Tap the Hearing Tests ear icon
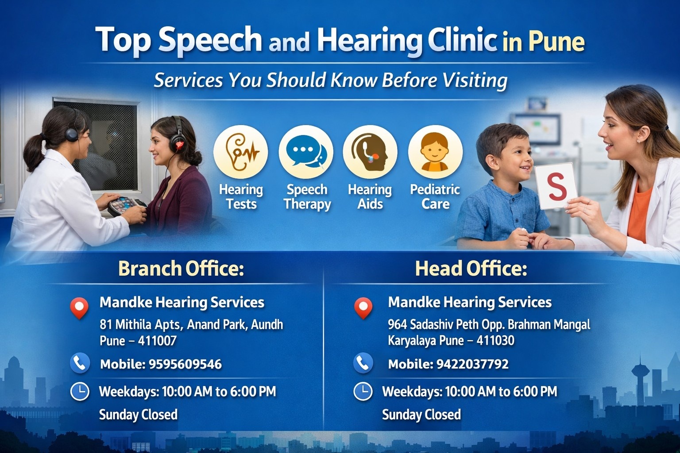click(x=241, y=152)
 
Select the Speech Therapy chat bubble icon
click(x=306, y=152)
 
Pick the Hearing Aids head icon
click(x=370, y=152)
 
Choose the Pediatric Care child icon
click(x=435, y=152)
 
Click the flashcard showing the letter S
click(x=556, y=186)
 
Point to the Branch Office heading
click(x=181, y=269)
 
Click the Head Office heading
click(x=471, y=269)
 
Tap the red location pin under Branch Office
click(x=79, y=307)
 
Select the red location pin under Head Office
click(x=363, y=307)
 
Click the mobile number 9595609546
click(x=185, y=364)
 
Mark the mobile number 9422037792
click(x=472, y=364)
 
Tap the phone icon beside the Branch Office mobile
click(x=80, y=363)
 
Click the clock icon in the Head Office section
click(x=363, y=392)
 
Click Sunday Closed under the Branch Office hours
click(x=138, y=415)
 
